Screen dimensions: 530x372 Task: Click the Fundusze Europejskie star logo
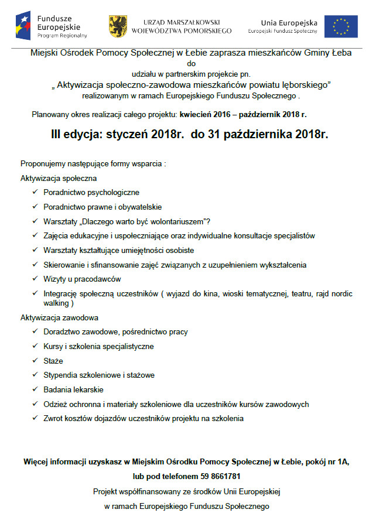coord(25,26)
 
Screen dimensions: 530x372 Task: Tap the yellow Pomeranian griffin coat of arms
coord(118,26)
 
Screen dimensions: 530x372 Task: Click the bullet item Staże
coord(53,361)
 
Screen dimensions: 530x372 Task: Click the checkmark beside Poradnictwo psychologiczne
coord(35,192)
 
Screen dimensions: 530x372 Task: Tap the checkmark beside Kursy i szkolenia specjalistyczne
coord(35,347)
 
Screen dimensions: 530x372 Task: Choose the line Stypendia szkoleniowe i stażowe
coord(99,375)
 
